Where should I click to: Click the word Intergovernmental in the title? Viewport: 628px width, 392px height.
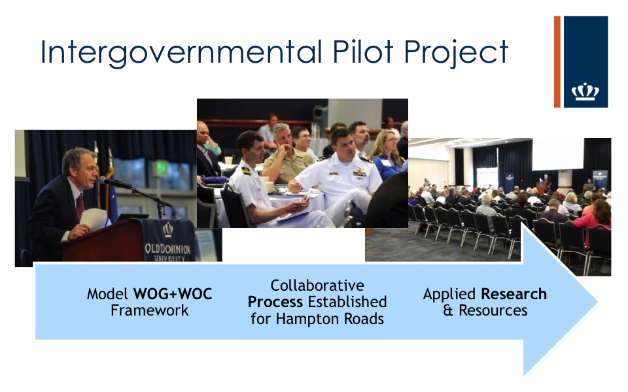pyautogui.click(x=181, y=53)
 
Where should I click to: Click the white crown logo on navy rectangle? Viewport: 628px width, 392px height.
pyautogui.click(x=585, y=91)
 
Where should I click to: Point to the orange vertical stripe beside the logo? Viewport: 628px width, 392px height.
pyautogui.click(x=557, y=61)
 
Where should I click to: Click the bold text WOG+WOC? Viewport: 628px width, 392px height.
pyautogui.click(x=173, y=294)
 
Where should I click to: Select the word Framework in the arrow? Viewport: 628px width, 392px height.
pyautogui.click(x=149, y=310)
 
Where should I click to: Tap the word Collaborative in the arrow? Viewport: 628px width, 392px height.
pyautogui.click(x=317, y=286)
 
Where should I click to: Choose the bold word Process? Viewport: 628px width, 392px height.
pyautogui.click(x=275, y=302)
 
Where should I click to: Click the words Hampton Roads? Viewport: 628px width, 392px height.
pyautogui.click(x=330, y=319)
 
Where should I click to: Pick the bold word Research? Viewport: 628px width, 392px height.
pyautogui.click(x=514, y=294)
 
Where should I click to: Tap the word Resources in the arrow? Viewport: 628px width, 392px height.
pyautogui.click(x=493, y=310)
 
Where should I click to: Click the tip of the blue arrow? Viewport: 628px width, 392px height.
pyautogui.click(x=597, y=302)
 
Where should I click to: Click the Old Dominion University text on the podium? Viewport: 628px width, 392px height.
pyautogui.click(x=167, y=252)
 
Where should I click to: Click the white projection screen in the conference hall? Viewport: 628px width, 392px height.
pyautogui.click(x=557, y=154)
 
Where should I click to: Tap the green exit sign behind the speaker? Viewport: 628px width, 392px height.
pyautogui.click(x=161, y=168)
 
